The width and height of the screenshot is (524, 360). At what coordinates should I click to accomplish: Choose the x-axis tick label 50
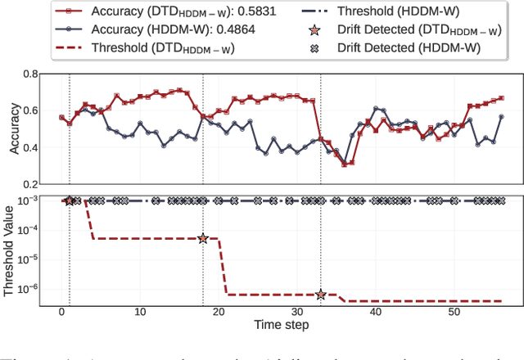coord(452,312)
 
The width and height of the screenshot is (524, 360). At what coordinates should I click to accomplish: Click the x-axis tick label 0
coord(62,312)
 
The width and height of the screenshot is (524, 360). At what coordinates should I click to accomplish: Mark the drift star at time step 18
coord(203,238)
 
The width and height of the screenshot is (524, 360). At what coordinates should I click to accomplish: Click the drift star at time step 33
coord(321,295)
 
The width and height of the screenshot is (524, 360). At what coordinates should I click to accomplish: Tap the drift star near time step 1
coord(70,200)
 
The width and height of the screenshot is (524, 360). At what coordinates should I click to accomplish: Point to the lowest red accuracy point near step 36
coord(344,164)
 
